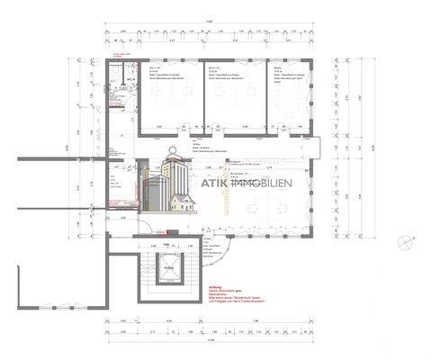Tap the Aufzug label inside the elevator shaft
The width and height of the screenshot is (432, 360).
click(167, 266)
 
